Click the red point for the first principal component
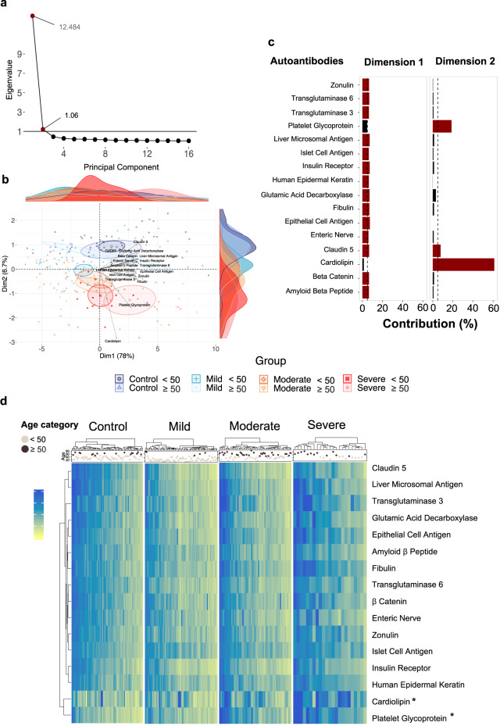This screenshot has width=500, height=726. pyautogui.click(x=33, y=16)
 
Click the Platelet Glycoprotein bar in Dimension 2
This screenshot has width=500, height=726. pyautogui.click(x=441, y=125)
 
